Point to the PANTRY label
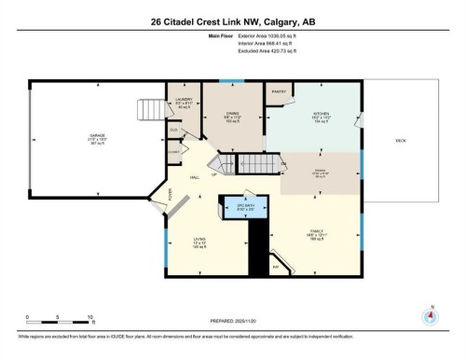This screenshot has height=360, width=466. [279, 91]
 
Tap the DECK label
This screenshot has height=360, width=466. [401, 140]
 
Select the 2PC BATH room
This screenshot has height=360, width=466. [241, 206]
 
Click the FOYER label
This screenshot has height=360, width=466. [171, 194]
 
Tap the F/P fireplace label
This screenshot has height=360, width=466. [276, 267]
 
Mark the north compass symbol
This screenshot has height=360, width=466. [430, 315]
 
